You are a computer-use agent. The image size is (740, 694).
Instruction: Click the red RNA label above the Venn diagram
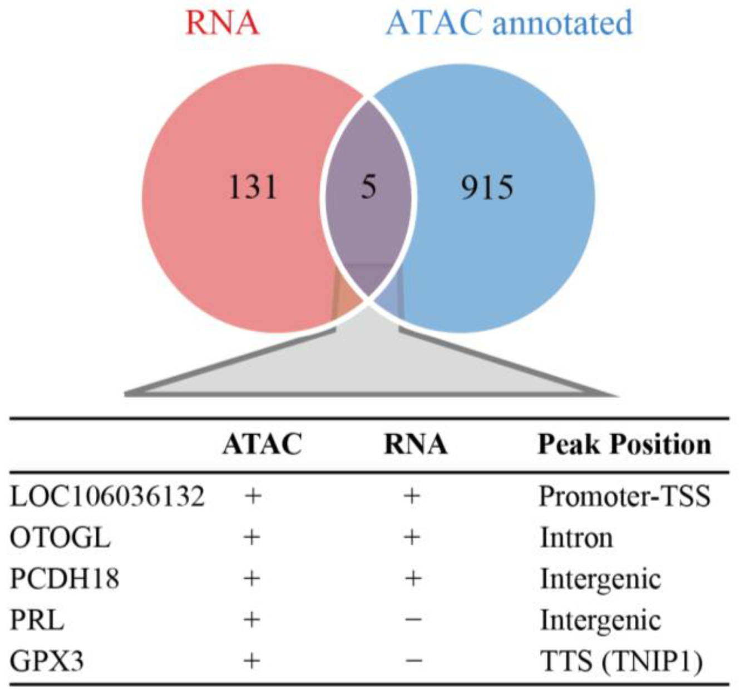(x=222, y=23)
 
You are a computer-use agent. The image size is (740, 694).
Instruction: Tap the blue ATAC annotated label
(x=509, y=23)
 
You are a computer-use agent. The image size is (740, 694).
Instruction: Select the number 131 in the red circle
(x=253, y=187)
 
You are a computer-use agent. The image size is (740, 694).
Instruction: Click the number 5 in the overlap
(x=368, y=187)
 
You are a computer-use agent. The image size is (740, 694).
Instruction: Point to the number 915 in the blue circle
(x=487, y=187)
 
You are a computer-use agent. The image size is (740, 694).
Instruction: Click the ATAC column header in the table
(x=262, y=444)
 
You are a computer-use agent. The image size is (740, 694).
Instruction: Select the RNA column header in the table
(x=415, y=444)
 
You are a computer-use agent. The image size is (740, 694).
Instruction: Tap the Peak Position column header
(x=624, y=444)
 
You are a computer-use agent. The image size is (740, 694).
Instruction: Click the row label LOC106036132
(x=107, y=496)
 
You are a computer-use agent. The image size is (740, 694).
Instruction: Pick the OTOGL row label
(x=60, y=538)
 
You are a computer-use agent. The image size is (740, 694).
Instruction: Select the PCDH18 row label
(x=65, y=579)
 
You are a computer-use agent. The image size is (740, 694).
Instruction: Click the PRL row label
(x=37, y=620)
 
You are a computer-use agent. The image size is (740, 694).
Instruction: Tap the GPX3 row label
(x=47, y=662)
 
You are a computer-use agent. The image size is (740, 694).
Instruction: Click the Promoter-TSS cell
(x=624, y=496)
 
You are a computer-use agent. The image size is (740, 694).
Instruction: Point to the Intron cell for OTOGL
(x=576, y=538)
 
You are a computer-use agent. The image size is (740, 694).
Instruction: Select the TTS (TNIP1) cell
(x=621, y=662)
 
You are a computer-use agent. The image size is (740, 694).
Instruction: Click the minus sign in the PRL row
(x=412, y=620)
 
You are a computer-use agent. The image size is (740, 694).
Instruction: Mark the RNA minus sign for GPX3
(x=412, y=661)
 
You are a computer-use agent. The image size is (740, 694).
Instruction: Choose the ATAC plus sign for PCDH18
(x=252, y=579)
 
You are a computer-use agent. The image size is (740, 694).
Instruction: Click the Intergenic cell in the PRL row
(x=600, y=620)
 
